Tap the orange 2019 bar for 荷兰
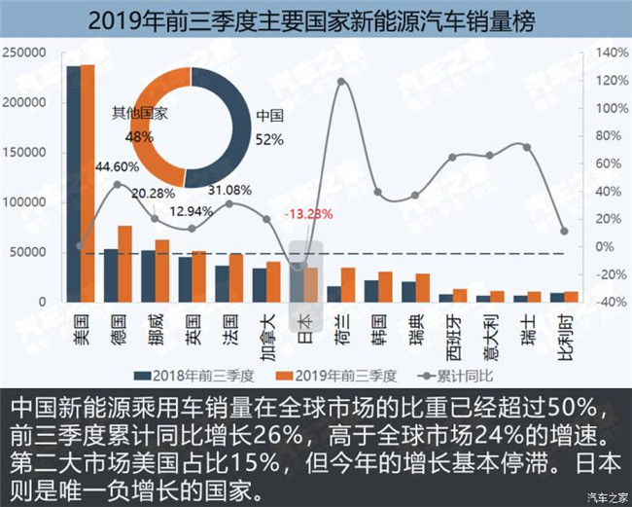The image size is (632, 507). (x=348, y=284)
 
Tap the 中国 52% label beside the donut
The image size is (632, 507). (x=268, y=127)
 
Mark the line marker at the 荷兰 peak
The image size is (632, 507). (x=341, y=81)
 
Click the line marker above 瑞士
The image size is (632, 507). (x=527, y=147)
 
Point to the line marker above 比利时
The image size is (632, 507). (x=564, y=232)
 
